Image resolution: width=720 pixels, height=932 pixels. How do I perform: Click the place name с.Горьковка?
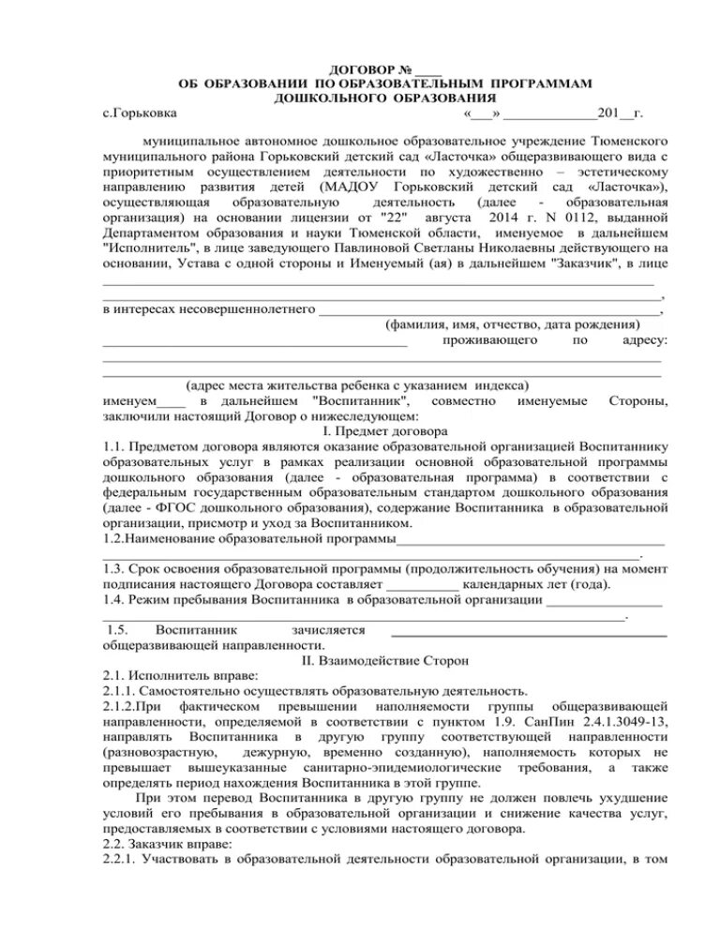tap(140, 113)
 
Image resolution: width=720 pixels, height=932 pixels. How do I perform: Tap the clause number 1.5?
tap(120, 630)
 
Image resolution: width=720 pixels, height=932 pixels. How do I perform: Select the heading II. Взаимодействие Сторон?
tap(384, 660)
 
